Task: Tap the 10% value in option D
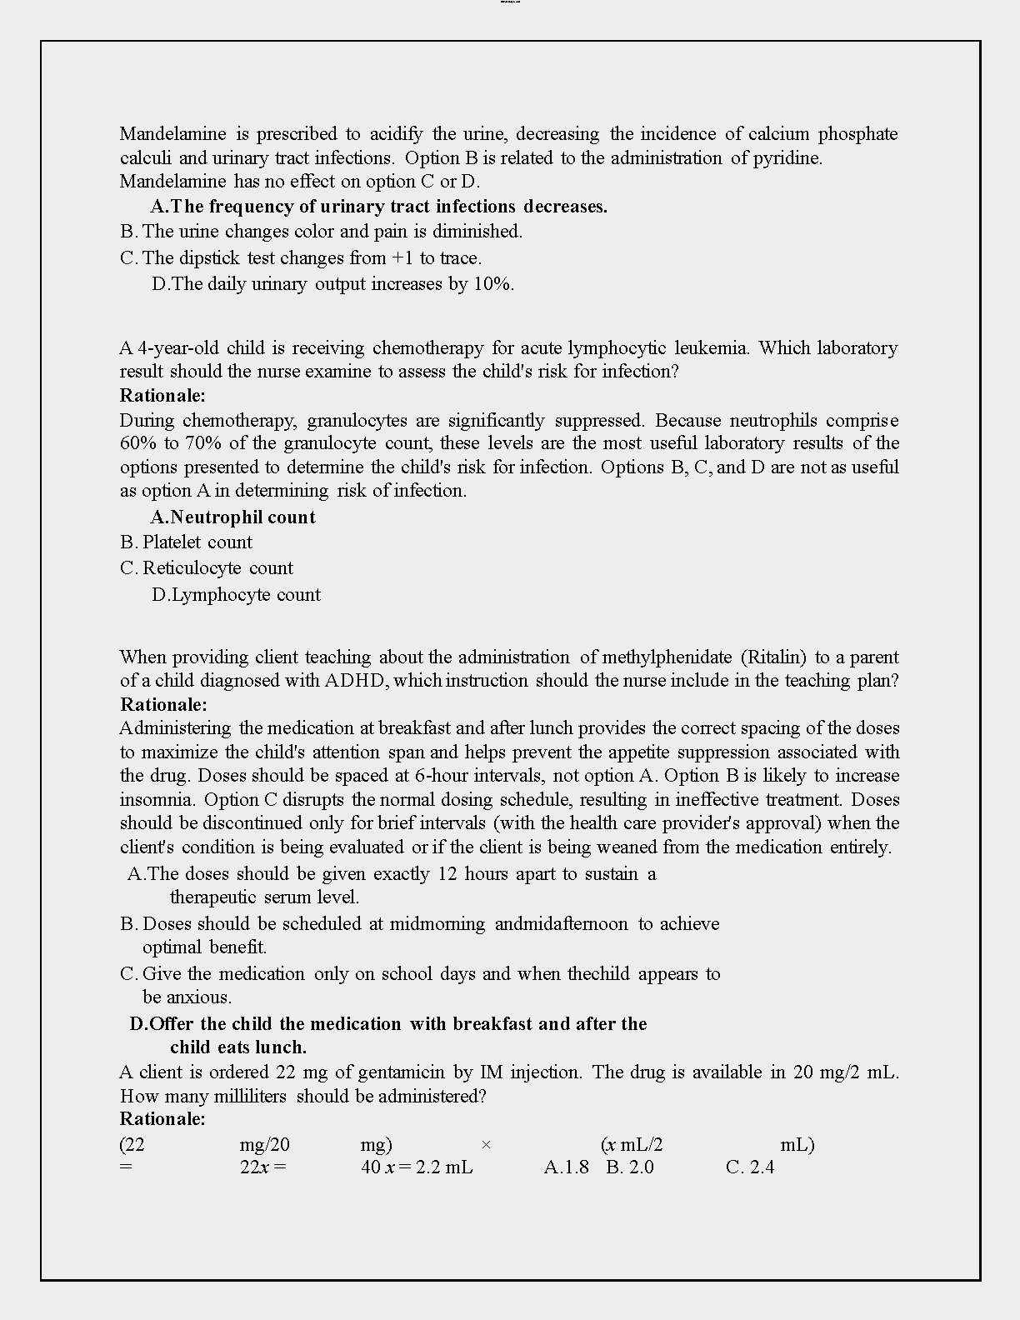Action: pos(492,284)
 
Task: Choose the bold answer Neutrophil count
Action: pos(233,517)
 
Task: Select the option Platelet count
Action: pos(197,542)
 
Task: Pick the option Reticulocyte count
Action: pos(217,568)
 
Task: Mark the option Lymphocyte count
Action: pos(237,595)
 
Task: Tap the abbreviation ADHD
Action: pos(355,681)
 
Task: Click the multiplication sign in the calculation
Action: pos(486,1145)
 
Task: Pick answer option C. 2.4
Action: pos(750,1167)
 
